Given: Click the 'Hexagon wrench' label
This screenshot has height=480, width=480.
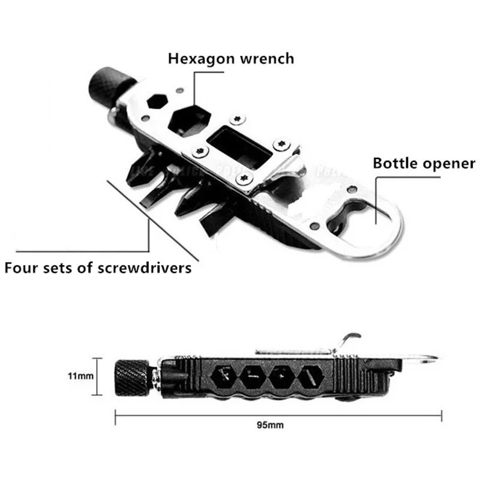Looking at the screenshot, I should click(231, 59).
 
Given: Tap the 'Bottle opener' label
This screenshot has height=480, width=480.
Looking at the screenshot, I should click(424, 163).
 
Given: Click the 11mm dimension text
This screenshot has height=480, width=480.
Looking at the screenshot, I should click(80, 376).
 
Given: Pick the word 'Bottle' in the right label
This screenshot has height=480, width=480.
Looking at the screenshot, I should click(393, 163).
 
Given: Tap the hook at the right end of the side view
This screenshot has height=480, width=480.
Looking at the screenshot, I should click(431, 360).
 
